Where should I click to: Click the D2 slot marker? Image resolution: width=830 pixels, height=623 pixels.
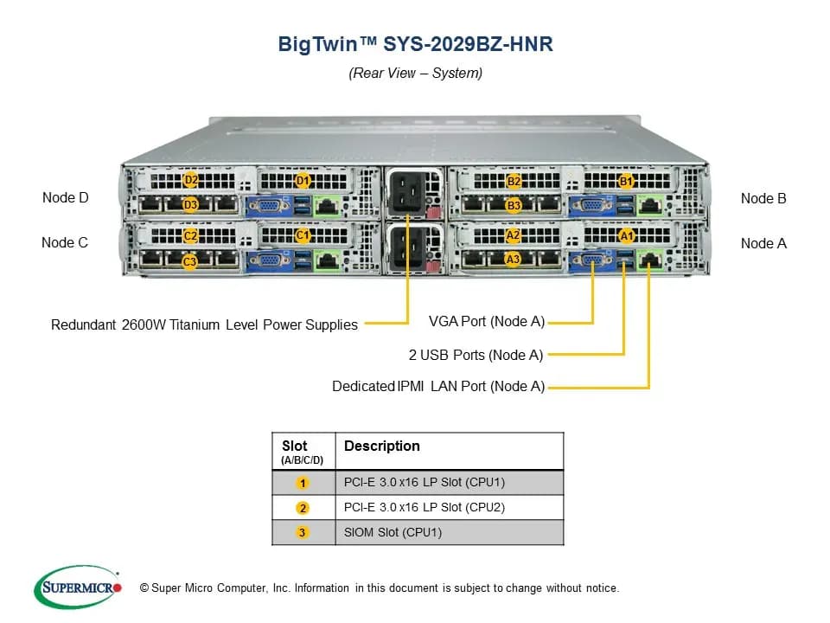point(190,180)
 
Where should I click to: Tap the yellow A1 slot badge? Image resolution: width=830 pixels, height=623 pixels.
point(626,235)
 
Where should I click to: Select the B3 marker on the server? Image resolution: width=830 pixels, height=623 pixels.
point(513,205)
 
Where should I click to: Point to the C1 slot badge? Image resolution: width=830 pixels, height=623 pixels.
point(303,235)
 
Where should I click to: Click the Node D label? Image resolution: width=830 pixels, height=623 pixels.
point(65,197)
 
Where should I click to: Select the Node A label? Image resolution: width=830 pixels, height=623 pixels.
point(763,244)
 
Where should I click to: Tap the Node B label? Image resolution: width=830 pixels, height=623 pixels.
point(763,199)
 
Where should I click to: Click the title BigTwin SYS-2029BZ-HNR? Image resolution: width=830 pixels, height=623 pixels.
point(416,44)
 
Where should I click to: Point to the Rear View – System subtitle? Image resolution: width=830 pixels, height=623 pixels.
point(416,73)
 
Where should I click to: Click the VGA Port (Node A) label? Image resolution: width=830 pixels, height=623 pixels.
point(487,322)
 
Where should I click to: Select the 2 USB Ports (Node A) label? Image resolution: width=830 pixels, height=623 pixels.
point(476,355)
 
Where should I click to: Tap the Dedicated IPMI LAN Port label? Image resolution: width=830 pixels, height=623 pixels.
point(438,386)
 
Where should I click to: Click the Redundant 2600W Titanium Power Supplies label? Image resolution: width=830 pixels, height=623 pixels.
point(204,324)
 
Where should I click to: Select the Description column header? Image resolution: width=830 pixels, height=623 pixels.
point(382,446)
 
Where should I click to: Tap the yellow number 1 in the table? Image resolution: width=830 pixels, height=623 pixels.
point(303,483)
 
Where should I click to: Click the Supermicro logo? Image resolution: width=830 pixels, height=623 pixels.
point(78,588)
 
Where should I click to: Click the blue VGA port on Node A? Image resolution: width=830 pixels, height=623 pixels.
point(592,260)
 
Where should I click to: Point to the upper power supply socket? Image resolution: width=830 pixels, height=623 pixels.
point(406,191)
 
